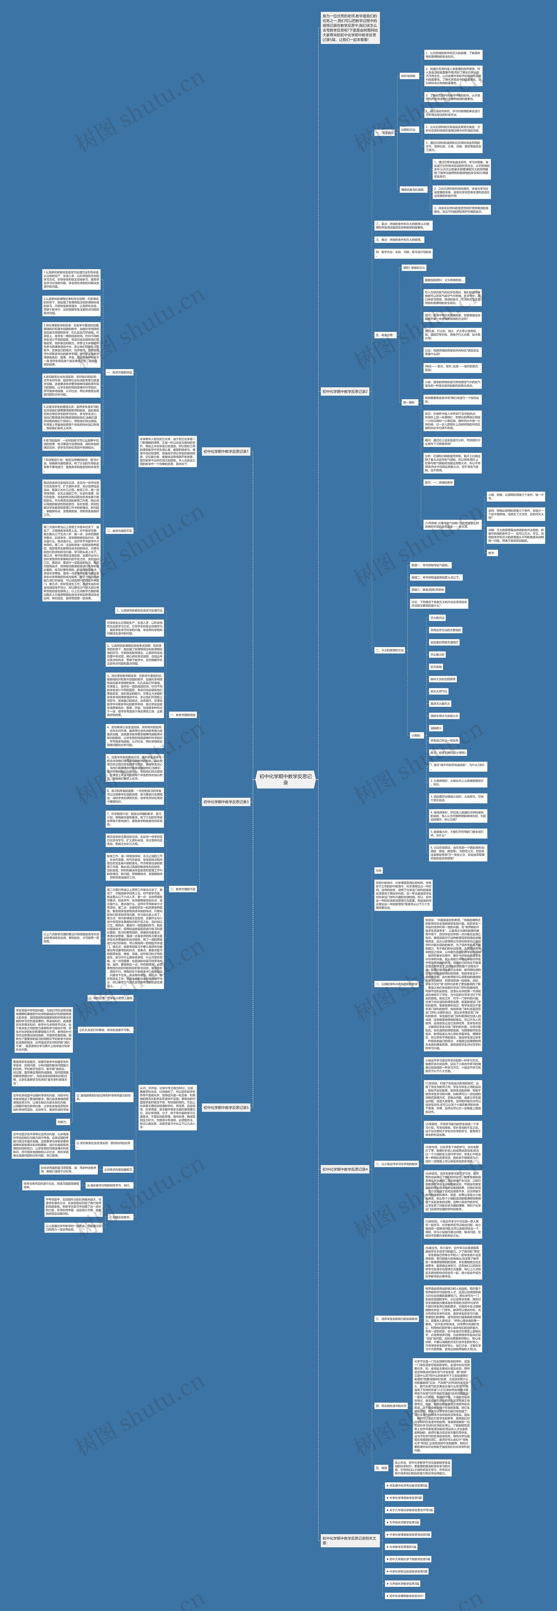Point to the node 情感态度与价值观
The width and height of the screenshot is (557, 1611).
coord(413,190)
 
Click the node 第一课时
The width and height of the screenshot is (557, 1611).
coord(408,402)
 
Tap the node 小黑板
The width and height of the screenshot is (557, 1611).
coord(416,735)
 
